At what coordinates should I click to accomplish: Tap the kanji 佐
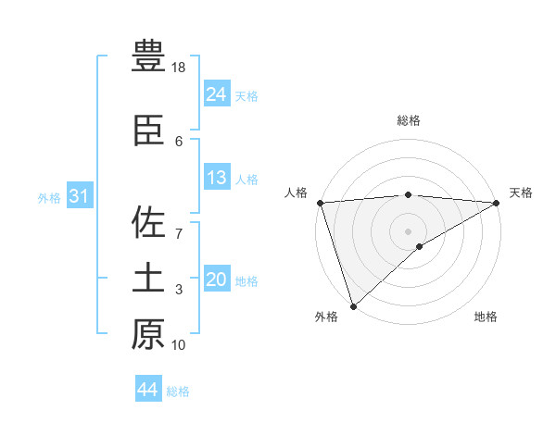[x=148, y=223]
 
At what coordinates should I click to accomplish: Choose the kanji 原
[x=148, y=334]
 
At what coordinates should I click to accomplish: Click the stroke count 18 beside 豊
[x=179, y=68]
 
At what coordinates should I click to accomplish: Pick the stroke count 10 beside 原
[x=179, y=345]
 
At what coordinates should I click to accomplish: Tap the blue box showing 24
[x=217, y=93]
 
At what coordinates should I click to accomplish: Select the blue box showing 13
[x=217, y=178]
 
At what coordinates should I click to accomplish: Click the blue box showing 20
[x=217, y=280]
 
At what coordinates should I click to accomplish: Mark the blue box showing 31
[x=80, y=196]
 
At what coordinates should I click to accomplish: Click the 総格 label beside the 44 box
[x=178, y=391]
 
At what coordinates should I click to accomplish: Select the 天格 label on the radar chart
[x=521, y=192]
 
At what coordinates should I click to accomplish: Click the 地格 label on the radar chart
[x=486, y=317]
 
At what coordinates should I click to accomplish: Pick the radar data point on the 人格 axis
[x=320, y=203]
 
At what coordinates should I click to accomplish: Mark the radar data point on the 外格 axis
[x=353, y=306]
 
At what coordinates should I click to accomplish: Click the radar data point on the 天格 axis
[x=496, y=203]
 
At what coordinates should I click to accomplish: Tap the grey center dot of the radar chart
[x=408, y=230]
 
